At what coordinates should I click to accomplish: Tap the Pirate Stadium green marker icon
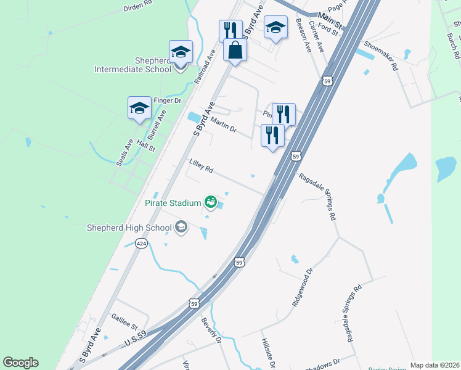click(x=211, y=202)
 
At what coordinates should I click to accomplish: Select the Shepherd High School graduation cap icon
click(x=181, y=228)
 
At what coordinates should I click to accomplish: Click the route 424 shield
click(x=141, y=243)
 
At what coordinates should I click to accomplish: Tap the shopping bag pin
click(x=235, y=50)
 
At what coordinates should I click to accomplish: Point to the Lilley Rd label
click(x=202, y=165)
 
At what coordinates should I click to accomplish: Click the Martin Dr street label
click(x=222, y=124)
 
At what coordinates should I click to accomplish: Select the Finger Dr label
click(x=168, y=100)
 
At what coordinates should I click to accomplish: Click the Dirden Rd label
click(x=137, y=7)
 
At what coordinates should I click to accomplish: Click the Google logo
click(x=20, y=363)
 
